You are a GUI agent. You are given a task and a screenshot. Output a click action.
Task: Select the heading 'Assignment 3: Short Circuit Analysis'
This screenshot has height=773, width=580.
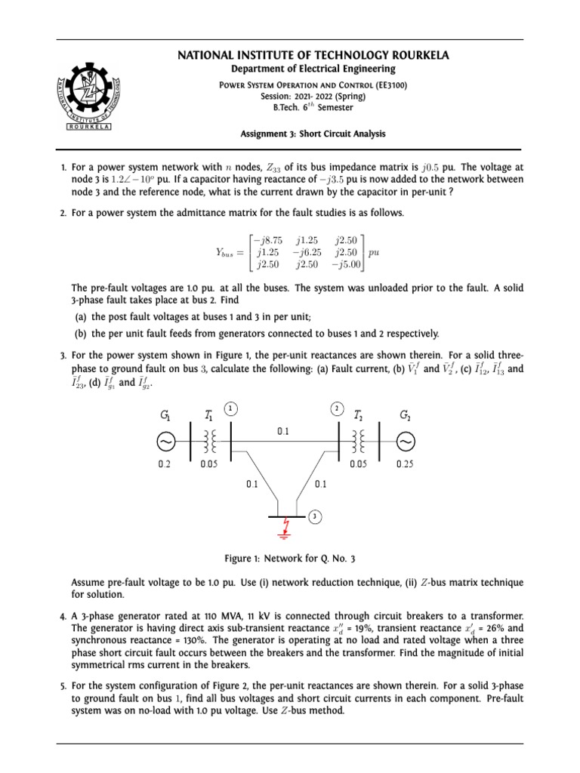(x=313, y=134)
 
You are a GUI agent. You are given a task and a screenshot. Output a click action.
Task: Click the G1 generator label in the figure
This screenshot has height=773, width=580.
(x=164, y=414)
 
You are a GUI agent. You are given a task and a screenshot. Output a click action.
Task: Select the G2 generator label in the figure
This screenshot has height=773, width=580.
(x=406, y=414)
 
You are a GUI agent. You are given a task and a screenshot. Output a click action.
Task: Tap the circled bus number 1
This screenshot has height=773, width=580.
(x=231, y=408)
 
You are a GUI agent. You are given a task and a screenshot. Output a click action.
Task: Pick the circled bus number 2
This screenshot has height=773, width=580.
(x=336, y=408)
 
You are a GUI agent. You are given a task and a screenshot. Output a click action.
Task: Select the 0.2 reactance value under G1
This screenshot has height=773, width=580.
(x=164, y=465)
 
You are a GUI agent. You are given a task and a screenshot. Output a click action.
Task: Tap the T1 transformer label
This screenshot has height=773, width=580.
(x=208, y=414)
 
